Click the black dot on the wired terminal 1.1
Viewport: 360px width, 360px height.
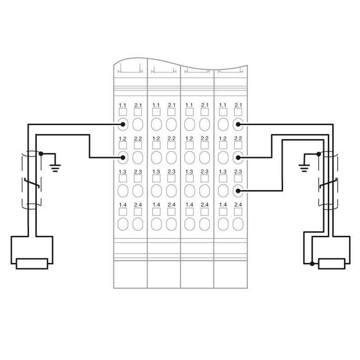pyautogui.click(x=123, y=125)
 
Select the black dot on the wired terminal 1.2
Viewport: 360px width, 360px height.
pyautogui.click(x=123, y=157)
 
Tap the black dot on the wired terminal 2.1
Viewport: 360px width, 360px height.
pyautogui.click(x=238, y=125)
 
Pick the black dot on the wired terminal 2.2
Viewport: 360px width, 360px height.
pyautogui.click(x=238, y=157)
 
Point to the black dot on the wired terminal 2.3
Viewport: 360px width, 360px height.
pyautogui.click(x=238, y=191)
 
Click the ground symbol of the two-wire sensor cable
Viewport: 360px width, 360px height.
pyautogui.click(x=55, y=168)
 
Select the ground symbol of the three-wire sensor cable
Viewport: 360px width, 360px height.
pyautogui.click(x=304, y=168)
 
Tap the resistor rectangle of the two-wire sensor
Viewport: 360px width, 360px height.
pyautogui.click(x=32, y=264)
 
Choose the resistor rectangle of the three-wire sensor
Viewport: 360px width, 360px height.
pyautogui.click(x=332, y=264)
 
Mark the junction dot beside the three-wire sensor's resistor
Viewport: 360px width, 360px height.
pyautogui.click(x=312, y=263)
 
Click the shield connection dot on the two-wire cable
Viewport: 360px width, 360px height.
pyautogui.click(x=41, y=153)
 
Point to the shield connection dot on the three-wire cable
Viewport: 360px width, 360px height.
pyautogui.click(x=318, y=154)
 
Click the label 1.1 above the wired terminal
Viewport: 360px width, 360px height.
pyautogui.click(x=122, y=106)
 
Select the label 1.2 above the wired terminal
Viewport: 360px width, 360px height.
pyautogui.click(x=123, y=138)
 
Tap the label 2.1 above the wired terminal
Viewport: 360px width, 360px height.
pyautogui.click(x=238, y=105)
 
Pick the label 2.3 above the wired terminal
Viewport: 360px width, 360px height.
pyautogui.click(x=238, y=171)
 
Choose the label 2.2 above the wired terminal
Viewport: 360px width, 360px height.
pyautogui.click(x=238, y=138)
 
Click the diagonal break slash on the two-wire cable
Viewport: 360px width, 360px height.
pyautogui.click(x=32, y=183)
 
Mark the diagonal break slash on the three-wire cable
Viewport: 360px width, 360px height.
pyautogui.click(x=329, y=183)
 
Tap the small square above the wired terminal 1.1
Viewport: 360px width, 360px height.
pyautogui.click(x=123, y=112)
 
